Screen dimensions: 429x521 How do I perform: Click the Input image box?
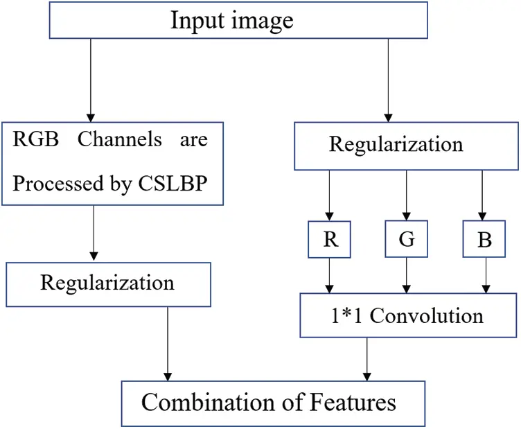pos(232,20)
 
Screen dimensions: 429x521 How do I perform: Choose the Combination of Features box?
pos(269,402)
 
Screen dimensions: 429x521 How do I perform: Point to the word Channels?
pos(119,139)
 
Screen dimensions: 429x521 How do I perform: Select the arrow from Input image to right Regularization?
pos(387,80)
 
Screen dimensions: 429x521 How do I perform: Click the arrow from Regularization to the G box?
pos(407,198)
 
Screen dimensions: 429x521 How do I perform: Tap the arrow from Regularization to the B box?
pos(483,198)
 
